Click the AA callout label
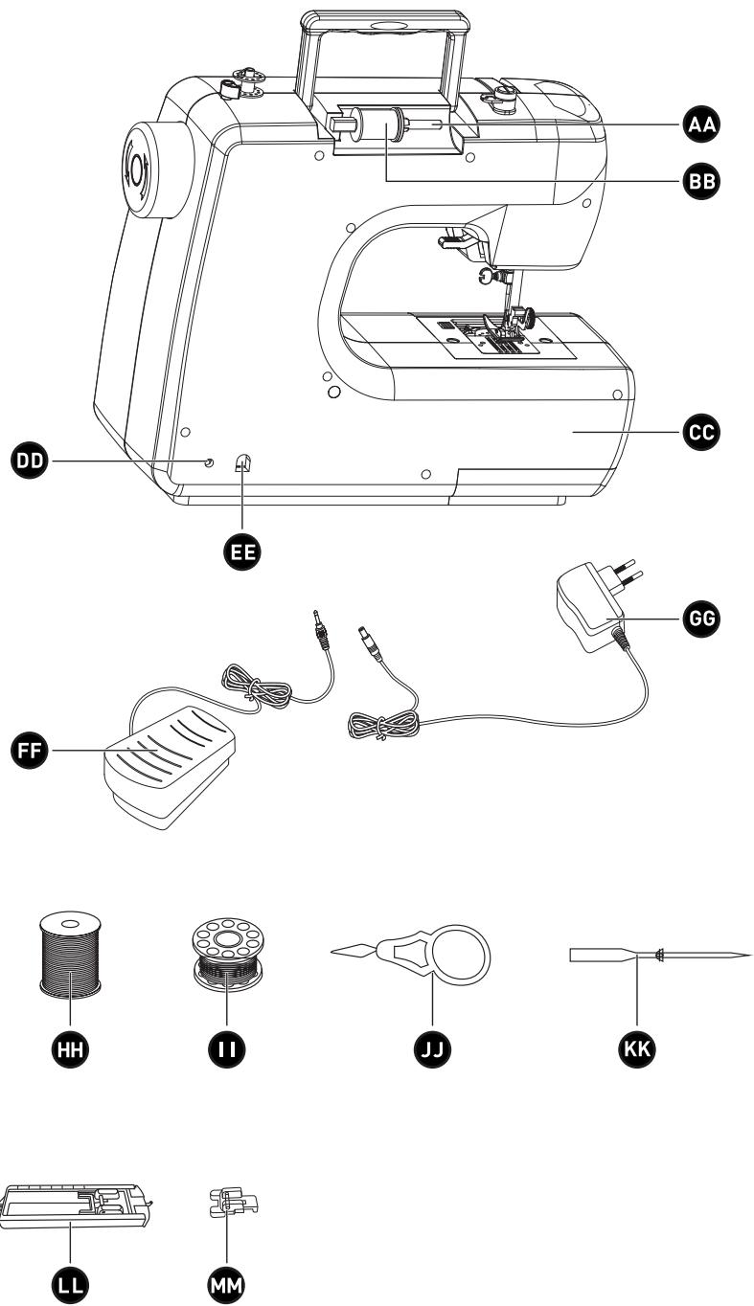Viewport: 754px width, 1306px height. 701,124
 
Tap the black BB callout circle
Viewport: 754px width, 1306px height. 701,181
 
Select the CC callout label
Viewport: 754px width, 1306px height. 701,432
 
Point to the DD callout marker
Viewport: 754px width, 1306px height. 29,462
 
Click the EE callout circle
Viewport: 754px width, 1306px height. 242,552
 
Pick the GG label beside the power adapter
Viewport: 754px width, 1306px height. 701,618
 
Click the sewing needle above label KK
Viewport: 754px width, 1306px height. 660,956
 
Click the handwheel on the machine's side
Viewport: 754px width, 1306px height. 156,169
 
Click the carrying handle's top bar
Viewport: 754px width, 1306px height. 385,21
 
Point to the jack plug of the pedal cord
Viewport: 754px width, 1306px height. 320,630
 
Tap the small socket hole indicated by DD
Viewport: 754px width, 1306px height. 209,462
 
